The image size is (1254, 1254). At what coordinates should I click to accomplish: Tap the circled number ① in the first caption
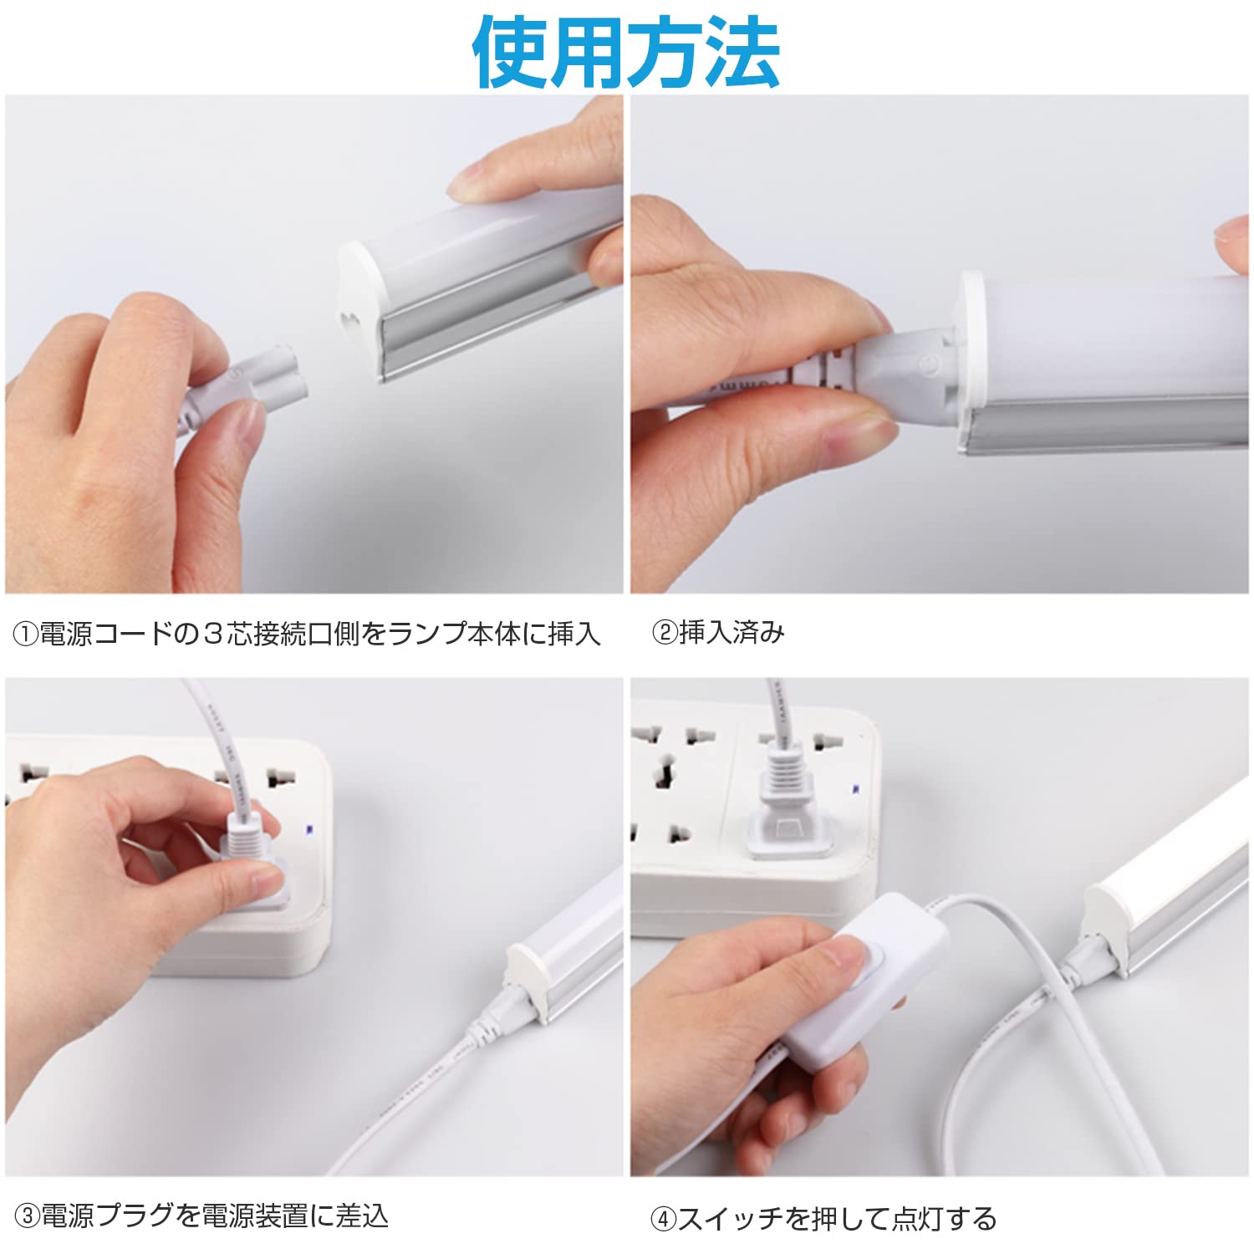point(26,634)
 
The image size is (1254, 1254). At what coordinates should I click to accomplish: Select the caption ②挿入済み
point(717,633)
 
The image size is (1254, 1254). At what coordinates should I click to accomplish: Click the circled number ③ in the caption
point(28,1216)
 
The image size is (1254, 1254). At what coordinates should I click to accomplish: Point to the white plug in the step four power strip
point(786,815)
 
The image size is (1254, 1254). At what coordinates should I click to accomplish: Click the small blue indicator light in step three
point(309,830)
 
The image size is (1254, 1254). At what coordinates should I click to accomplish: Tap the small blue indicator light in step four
point(855,788)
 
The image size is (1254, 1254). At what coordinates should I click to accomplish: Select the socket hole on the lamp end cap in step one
point(350,321)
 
